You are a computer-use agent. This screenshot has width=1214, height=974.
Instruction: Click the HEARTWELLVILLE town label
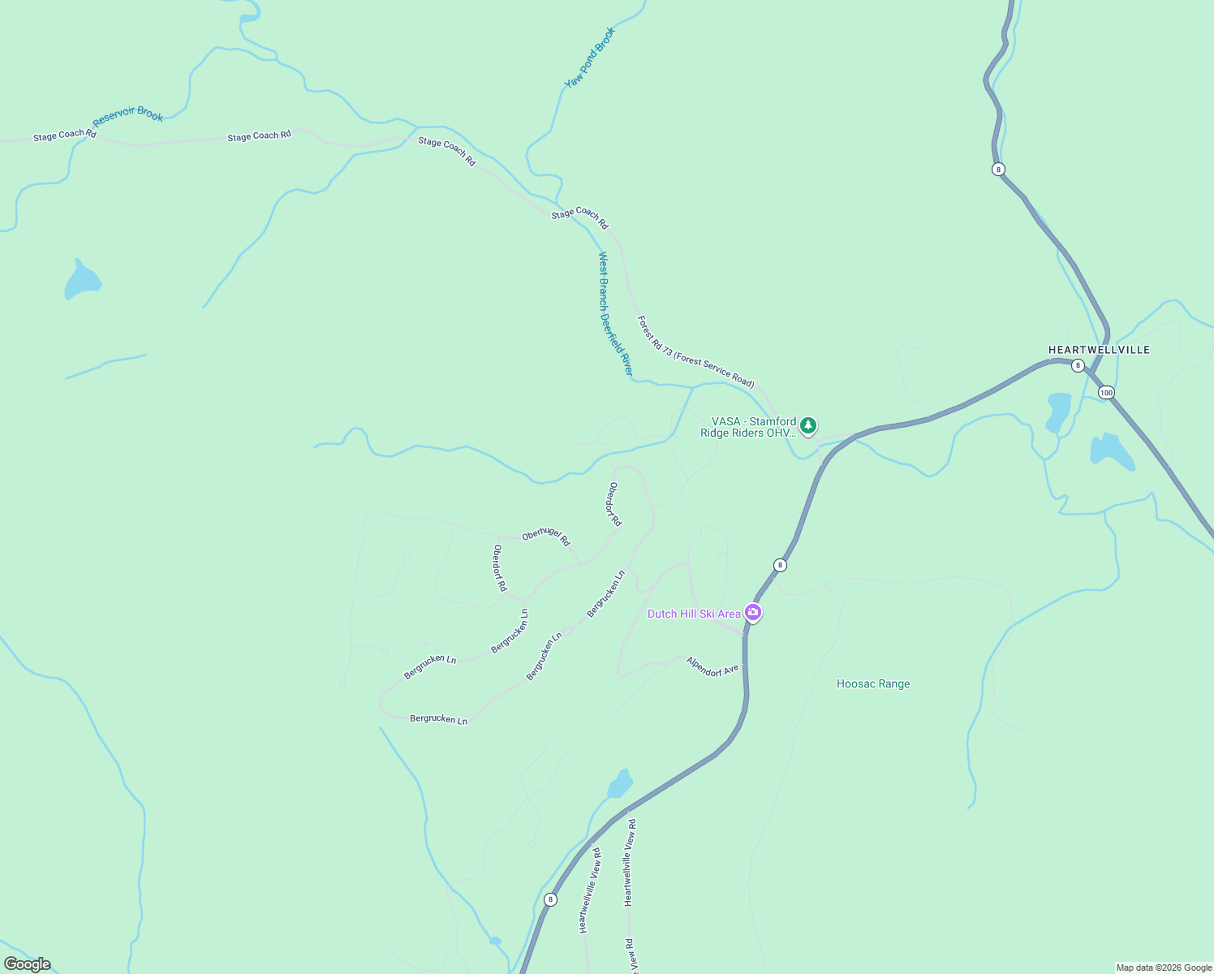click(1099, 350)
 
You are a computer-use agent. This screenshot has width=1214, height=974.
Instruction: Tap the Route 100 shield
click(1106, 393)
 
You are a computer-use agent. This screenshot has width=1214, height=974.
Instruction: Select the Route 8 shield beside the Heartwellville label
click(1078, 365)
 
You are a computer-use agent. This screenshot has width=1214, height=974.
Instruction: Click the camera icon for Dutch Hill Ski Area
click(753, 613)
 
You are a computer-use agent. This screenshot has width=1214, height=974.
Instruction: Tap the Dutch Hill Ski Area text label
click(694, 614)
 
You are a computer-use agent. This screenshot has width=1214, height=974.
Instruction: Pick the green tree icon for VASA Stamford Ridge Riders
click(807, 425)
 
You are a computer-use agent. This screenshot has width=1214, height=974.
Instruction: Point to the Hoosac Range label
click(873, 683)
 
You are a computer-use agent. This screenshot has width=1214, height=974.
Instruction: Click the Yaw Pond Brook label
click(590, 58)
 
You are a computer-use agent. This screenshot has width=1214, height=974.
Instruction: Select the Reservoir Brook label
click(128, 116)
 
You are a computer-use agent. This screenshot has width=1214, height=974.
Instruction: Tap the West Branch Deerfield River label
click(615, 313)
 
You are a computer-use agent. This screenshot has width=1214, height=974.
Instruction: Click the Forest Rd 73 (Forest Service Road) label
click(695, 352)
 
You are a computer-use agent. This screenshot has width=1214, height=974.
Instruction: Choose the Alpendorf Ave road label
click(712, 666)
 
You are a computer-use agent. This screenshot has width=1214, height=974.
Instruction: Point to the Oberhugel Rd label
click(545, 536)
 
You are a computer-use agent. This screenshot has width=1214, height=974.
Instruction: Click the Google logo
click(27, 964)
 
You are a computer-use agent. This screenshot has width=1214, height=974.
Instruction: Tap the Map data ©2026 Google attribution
click(1164, 968)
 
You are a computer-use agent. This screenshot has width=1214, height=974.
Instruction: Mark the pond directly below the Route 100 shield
click(1111, 451)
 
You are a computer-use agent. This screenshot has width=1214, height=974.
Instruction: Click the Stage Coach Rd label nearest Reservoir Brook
click(65, 136)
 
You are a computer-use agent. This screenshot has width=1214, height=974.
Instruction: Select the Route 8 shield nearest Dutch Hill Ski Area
click(780, 565)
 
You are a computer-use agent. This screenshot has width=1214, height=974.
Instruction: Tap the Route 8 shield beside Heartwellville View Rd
click(551, 899)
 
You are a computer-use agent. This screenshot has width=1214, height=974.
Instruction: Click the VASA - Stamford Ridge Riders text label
click(748, 427)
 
